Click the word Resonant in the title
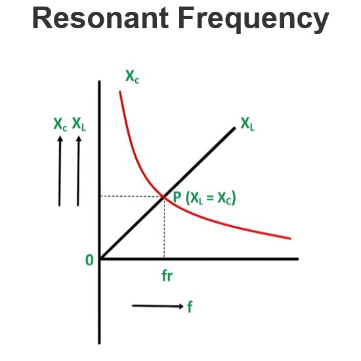tap(100, 18)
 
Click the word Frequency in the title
tap(254, 20)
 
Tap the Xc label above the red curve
tap(133, 76)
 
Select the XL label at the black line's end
tap(247, 124)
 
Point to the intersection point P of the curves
tap(164, 196)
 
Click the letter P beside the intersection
tap(177, 197)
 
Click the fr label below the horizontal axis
tap(167, 276)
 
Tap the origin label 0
tap(89, 261)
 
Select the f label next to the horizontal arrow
tap(190, 307)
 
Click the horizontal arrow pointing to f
tap(158, 306)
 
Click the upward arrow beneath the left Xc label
tap(60, 171)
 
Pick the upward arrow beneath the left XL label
tap(78, 171)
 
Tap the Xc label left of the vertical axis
tap(60, 124)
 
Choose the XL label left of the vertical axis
tap(79, 124)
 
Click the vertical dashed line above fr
tap(164, 228)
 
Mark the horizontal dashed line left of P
tap(131, 196)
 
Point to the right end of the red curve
tap(291, 239)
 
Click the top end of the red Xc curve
tap(120, 92)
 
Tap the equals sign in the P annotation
tap(210, 198)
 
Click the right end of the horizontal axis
tap(299, 259)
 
